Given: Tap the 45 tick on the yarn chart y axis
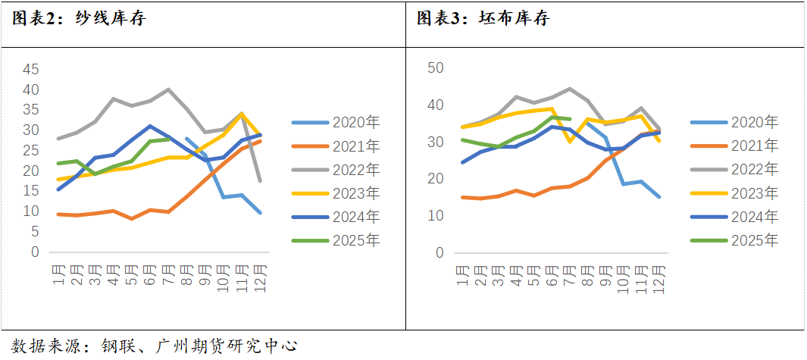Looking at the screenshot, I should tap(30, 69).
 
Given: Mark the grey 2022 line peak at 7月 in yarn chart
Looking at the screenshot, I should tap(168, 89).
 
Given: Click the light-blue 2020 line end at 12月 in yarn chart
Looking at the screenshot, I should tap(261, 213).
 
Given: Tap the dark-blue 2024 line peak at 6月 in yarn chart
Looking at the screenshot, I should tap(150, 126).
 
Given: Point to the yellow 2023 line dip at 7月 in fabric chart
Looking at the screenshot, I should tap(570, 142).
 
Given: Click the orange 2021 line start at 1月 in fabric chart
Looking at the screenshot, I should tap(462, 197).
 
